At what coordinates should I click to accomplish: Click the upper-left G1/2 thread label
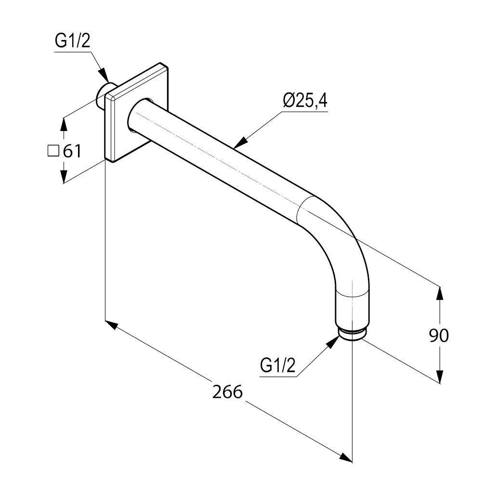(x=72, y=41)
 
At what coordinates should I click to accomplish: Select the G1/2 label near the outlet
(x=277, y=365)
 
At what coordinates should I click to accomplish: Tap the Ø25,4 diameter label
(x=305, y=101)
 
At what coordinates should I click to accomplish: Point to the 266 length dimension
(x=227, y=392)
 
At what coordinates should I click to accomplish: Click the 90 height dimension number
(x=439, y=336)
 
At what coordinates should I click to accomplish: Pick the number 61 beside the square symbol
(x=72, y=151)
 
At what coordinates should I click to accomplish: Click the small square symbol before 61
(x=53, y=151)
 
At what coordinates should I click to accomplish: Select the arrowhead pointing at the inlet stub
(x=104, y=76)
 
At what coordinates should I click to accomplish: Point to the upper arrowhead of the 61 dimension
(x=64, y=125)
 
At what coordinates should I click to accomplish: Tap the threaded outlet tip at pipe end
(x=351, y=335)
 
